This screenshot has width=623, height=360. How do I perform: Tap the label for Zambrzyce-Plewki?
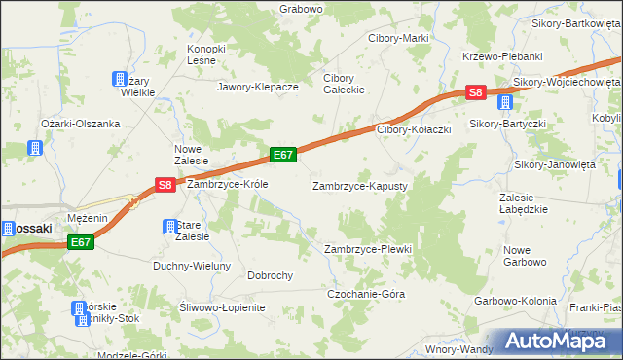368,249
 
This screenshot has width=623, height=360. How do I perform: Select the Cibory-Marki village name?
398,38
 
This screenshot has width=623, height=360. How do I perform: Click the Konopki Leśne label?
206,54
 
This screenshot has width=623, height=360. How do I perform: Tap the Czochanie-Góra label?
366,294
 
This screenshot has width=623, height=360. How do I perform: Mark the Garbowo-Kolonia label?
515,301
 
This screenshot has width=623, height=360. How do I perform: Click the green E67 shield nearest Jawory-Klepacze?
283,155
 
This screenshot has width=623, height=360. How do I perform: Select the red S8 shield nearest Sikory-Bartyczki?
474,93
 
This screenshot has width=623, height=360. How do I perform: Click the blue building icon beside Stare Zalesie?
167,227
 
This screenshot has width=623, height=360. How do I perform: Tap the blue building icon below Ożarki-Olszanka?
36,149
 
